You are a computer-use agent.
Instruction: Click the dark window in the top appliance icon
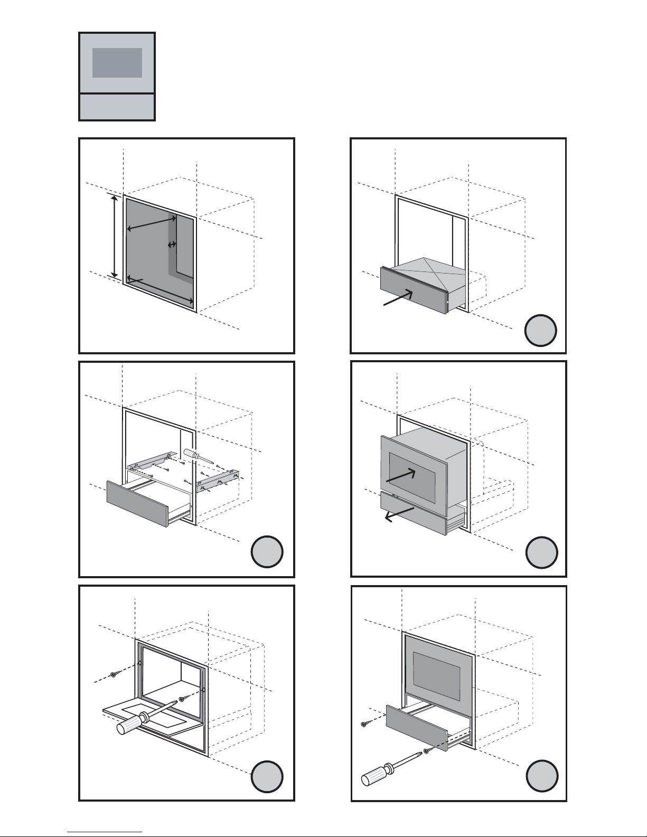pos(117,63)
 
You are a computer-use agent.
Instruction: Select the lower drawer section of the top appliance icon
pos(117,107)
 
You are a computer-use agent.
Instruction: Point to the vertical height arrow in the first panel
pos(114,235)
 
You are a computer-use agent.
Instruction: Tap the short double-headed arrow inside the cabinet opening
pos(172,244)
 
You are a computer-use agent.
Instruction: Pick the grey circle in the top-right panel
pos(541,331)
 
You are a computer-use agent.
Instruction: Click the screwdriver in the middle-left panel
pos(198,457)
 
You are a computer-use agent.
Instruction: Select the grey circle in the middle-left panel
pos(267,552)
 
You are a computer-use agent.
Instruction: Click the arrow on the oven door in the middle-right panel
pos(401,475)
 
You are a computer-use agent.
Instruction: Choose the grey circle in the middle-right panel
pos(542,552)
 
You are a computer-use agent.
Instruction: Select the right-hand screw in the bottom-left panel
pos(182,699)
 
